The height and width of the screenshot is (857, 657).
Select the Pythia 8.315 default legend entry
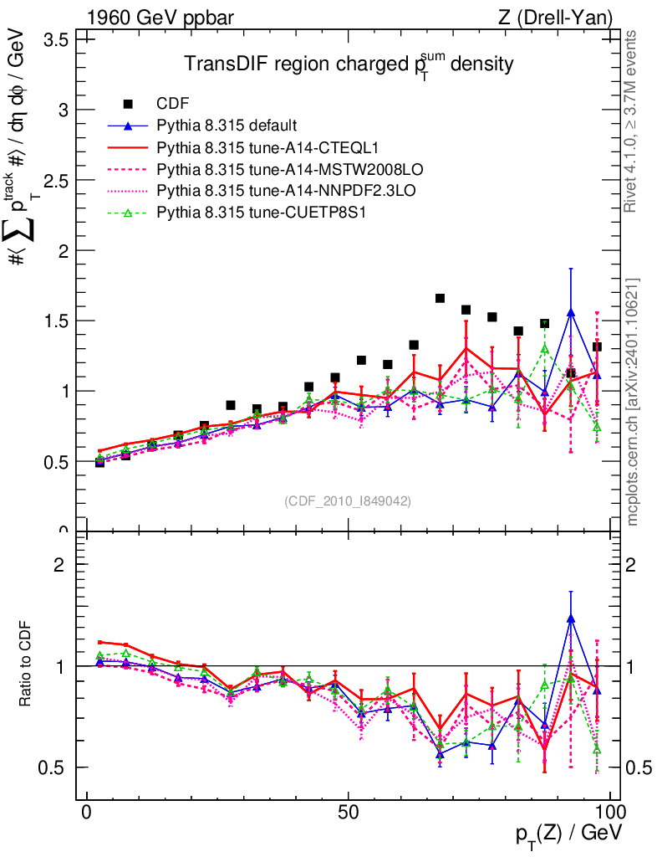click(226, 126)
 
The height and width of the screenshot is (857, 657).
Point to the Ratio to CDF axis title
click(26, 662)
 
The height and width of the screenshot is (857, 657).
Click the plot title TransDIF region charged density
click(348, 65)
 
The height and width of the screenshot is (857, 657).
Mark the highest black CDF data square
click(440, 298)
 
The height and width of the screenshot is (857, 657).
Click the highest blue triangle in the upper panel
click(571, 313)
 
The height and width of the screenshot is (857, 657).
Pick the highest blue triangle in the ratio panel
click(571, 618)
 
